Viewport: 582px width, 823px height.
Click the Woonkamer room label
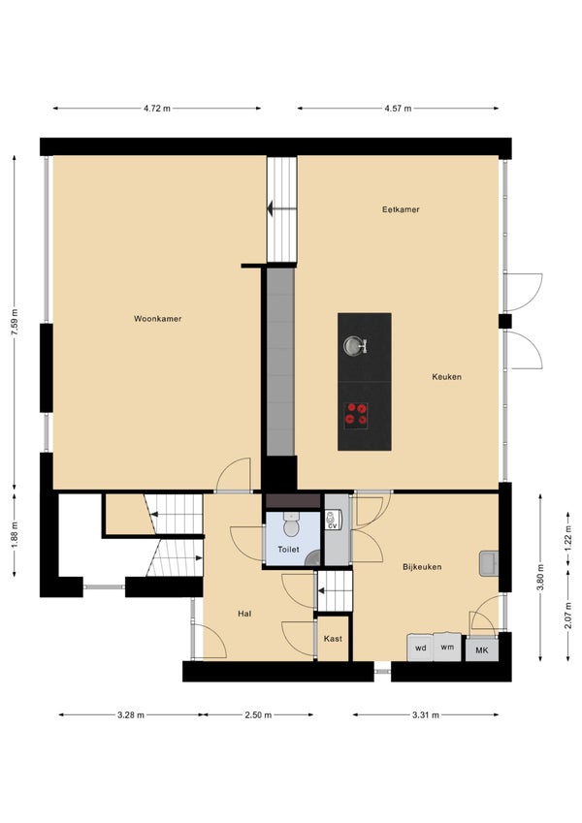point(157,319)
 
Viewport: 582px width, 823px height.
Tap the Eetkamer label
point(401,209)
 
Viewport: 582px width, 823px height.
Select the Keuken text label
point(447,377)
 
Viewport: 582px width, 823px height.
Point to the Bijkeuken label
point(422,567)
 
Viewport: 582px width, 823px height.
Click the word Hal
point(244,614)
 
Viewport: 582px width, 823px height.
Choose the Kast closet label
point(333,639)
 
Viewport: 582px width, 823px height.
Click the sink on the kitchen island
point(355,345)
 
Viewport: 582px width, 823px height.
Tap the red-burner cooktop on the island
point(356,413)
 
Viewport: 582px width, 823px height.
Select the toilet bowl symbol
point(291,524)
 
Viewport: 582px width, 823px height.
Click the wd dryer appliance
point(420,648)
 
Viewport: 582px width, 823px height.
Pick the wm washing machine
point(447,647)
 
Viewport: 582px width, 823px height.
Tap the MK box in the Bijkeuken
point(482,650)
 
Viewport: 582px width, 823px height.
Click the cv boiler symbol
point(333,520)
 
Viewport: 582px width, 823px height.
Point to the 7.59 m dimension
point(15,322)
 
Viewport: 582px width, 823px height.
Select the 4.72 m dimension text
point(157,109)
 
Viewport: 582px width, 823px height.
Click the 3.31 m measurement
point(426,714)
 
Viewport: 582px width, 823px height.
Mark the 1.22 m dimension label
point(567,538)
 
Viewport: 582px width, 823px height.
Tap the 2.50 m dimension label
point(258,714)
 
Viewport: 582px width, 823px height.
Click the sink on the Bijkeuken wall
point(489,564)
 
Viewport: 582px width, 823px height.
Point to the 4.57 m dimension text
point(398,109)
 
